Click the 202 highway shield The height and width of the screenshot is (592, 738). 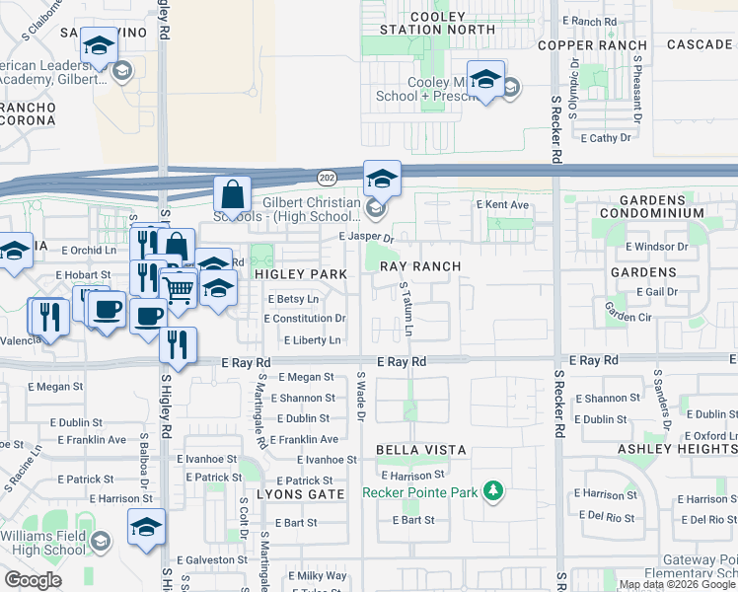[326, 177]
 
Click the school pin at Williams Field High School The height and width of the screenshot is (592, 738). [146, 527]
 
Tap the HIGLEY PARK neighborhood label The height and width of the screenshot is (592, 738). [301, 273]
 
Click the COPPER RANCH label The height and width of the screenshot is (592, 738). [592, 45]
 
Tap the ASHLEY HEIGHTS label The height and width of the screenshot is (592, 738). [677, 449]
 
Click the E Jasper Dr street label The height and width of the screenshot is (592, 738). [365, 237]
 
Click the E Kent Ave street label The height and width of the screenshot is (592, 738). [502, 204]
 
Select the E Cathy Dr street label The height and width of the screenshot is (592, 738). [606, 138]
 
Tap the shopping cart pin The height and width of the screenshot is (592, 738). [179, 289]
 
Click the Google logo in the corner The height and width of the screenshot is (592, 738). [33, 580]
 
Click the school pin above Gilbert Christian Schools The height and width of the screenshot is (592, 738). [382, 179]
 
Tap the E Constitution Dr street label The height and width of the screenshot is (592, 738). [305, 319]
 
